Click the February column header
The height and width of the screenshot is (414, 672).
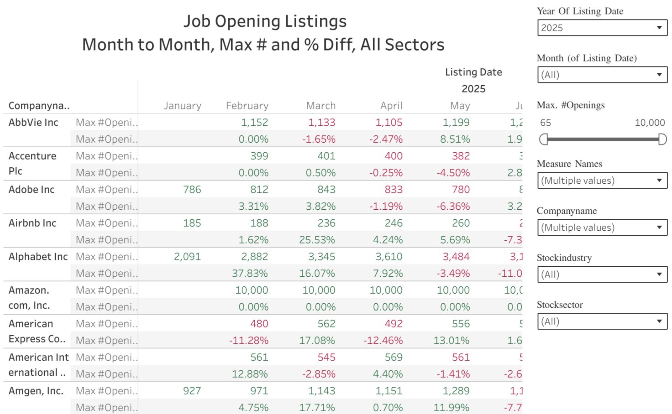tap(247, 106)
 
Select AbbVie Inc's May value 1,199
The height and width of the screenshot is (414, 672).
tap(456, 122)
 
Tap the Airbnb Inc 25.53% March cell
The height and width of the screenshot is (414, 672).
tap(317, 240)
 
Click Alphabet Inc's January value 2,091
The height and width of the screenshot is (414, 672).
tap(187, 257)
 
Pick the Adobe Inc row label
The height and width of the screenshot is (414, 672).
tap(31, 190)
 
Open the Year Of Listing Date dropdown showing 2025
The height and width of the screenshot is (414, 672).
tap(602, 28)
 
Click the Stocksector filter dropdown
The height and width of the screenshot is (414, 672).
tap(602, 321)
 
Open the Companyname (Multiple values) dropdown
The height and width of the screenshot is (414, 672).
tap(602, 228)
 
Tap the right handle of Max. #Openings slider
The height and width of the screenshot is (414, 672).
tap(662, 140)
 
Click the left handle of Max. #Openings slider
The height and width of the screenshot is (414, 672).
tap(543, 140)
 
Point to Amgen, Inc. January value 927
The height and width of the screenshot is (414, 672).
tap(192, 391)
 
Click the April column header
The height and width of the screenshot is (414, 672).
tap(391, 106)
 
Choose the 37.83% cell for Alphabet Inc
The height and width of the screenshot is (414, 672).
tap(250, 274)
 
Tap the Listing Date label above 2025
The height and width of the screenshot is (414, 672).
tap(473, 72)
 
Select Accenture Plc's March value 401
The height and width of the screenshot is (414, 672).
tap(326, 156)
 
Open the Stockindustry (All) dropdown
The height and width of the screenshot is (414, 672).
tap(602, 274)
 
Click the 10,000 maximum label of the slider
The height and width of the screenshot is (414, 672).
tap(649, 123)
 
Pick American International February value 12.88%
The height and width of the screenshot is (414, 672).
tap(250, 374)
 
